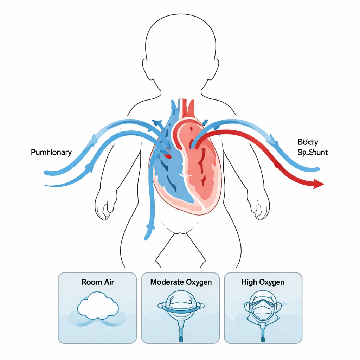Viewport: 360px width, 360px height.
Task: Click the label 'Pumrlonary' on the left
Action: [x=51, y=152]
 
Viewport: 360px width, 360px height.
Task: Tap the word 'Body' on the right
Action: [x=308, y=142]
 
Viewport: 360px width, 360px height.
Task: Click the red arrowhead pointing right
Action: [x=318, y=184]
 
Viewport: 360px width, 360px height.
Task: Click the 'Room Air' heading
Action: [x=97, y=282]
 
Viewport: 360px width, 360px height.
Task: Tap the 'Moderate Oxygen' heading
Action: [x=181, y=282]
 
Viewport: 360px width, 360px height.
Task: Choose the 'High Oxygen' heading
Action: [x=263, y=282]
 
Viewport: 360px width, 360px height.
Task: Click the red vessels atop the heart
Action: [x=188, y=107]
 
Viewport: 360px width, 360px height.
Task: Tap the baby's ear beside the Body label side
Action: [x=215, y=69]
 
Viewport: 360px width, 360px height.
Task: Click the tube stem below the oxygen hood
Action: [x=181, y=330]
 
